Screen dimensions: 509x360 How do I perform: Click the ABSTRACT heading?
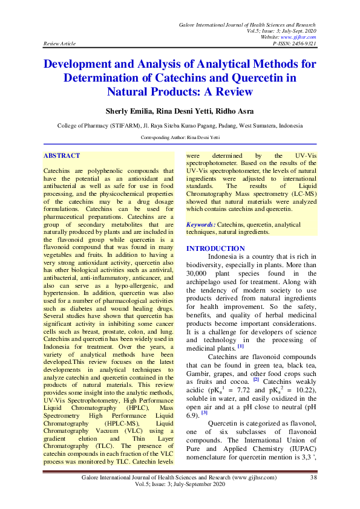coord(62,156)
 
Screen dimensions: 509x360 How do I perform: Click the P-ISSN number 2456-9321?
coord(304,44)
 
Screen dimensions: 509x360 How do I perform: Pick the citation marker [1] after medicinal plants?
coord(240,346)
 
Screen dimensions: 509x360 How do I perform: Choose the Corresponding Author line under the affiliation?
coord(180,138)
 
